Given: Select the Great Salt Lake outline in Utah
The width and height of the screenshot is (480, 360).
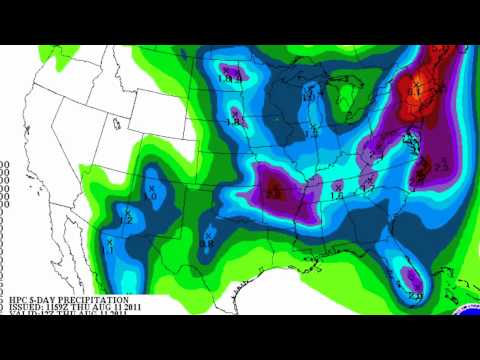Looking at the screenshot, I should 117,125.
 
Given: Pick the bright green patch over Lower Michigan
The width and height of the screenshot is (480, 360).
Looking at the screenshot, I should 348,97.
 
